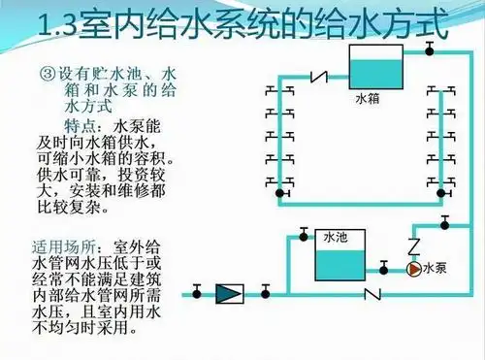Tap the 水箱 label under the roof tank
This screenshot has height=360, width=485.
[x=365, y=98]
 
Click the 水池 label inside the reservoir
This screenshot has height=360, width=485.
[x=335, y=236]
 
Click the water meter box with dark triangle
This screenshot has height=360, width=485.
[x=229, y=291]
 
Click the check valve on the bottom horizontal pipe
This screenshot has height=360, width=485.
[x=369, y=291]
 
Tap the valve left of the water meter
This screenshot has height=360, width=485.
[x=197, y=290]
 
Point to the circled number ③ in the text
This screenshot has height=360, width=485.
[x=48, y=74]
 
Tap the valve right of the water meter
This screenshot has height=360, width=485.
[x=262, y=290]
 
